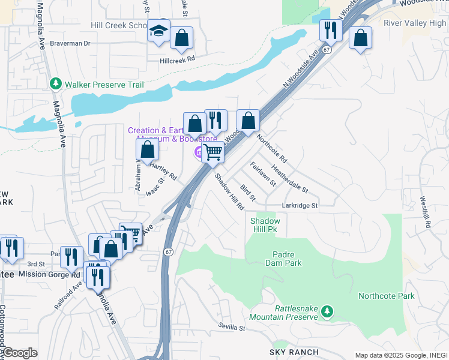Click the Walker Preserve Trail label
point(104,85)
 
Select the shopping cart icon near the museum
point(212,152)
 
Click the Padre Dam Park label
point(283,259)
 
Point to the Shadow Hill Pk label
point(265,225)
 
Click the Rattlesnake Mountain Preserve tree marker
point(327,311)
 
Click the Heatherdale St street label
point(289,179)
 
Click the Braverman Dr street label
point(70,43)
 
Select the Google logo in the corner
point(19,353)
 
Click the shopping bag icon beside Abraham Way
point(147,150)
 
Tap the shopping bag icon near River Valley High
point(360,38)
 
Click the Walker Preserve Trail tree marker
point(56,83)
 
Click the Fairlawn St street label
point(262,173)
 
